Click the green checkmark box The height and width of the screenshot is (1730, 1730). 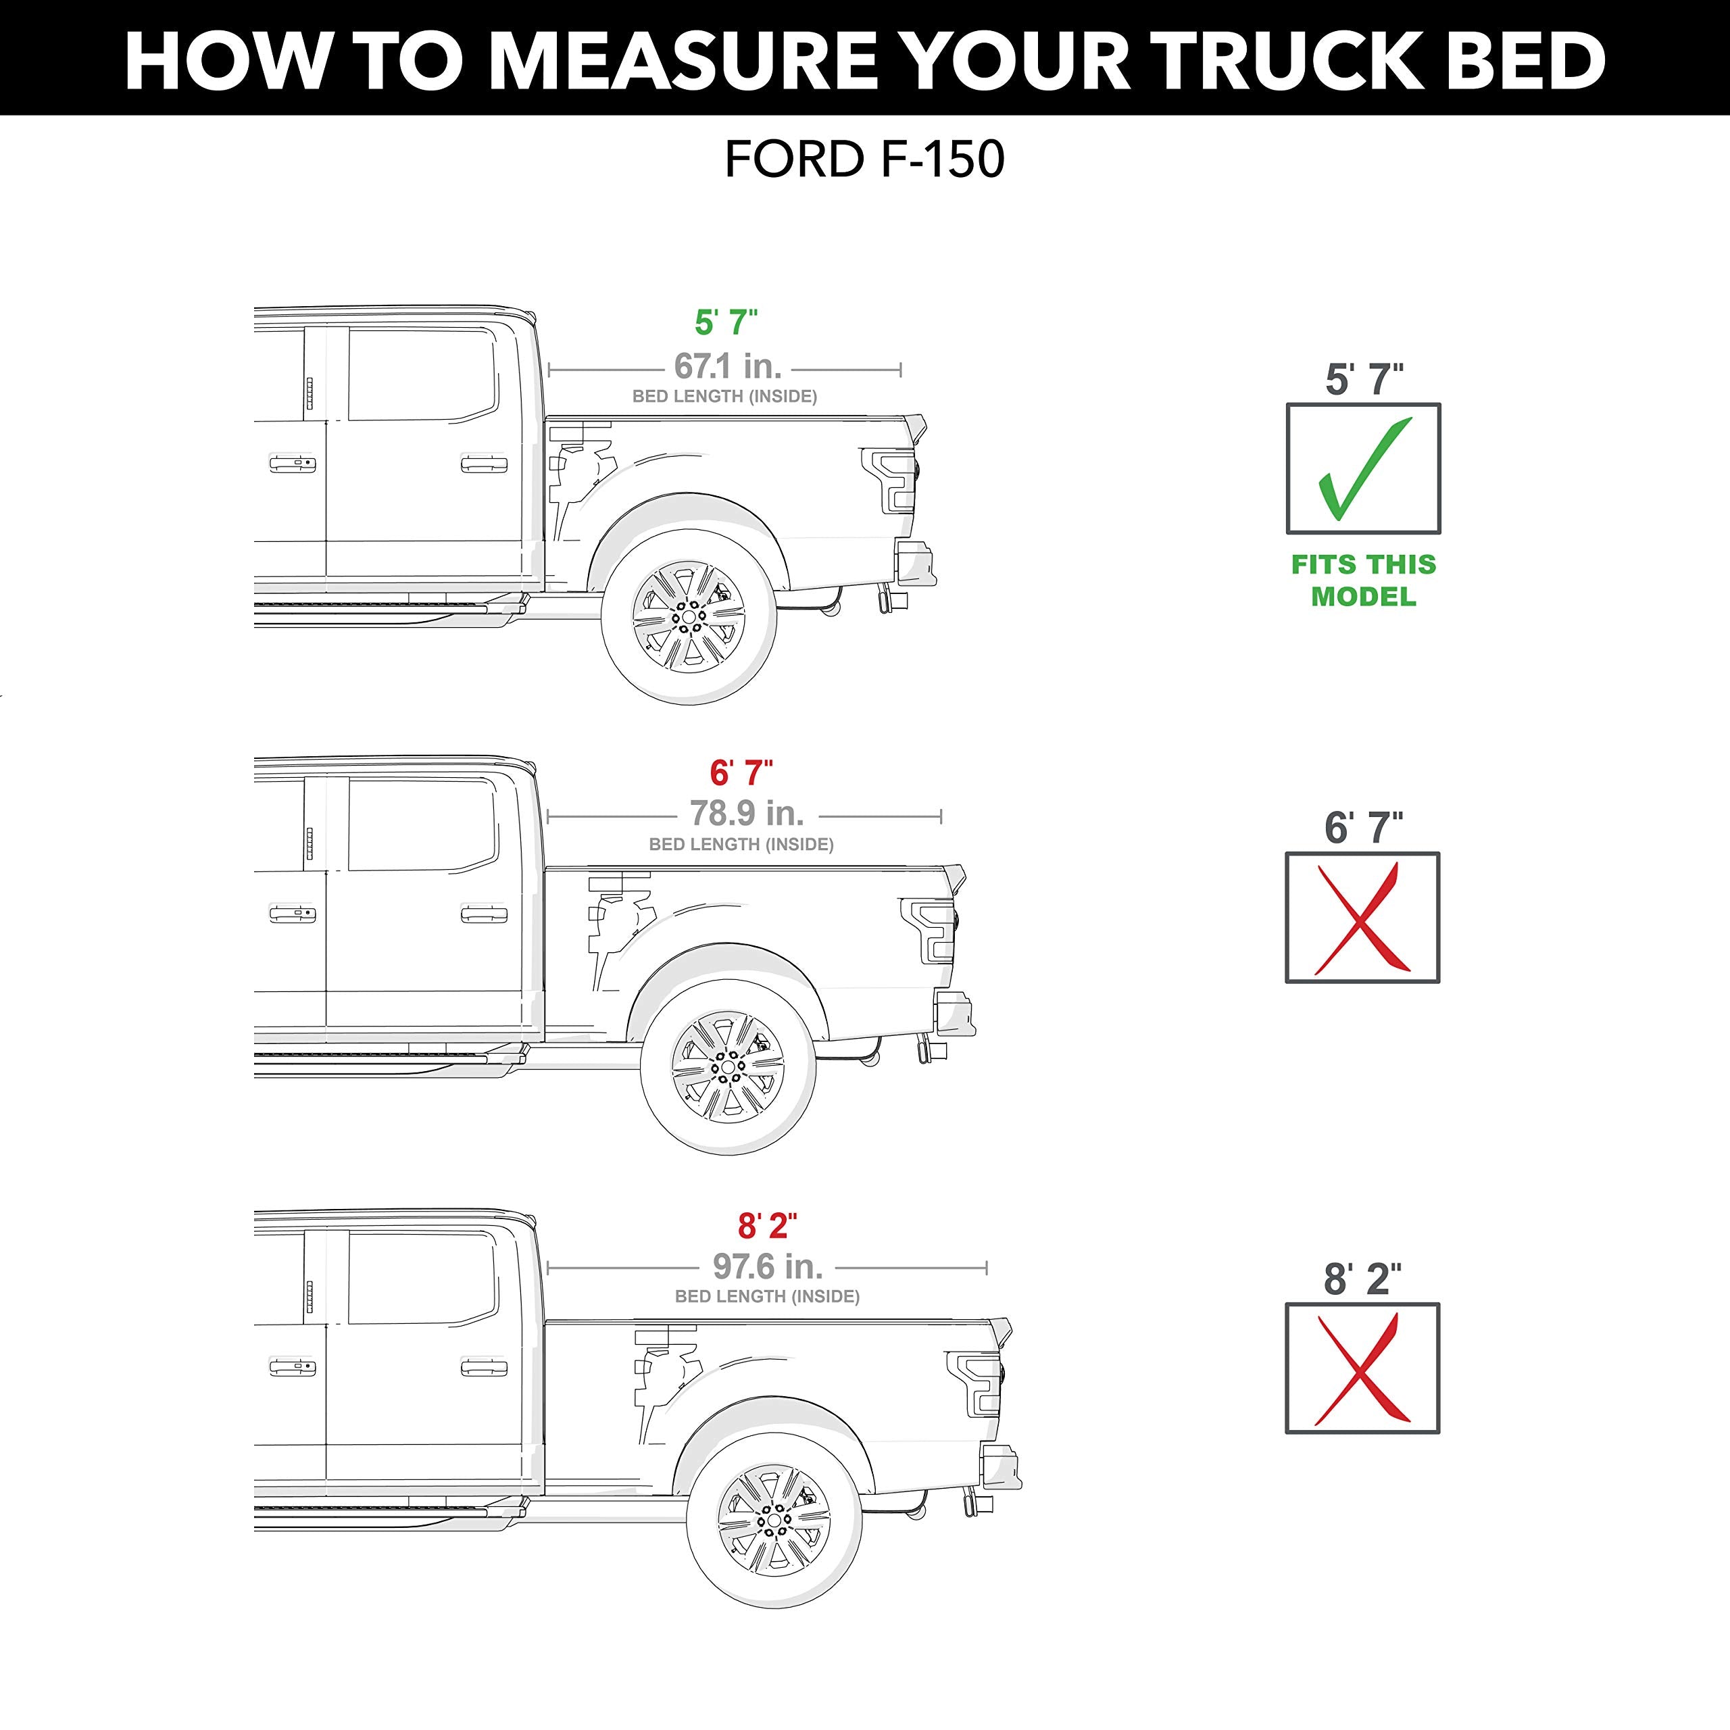pyautogui.click(x=1363, y=468)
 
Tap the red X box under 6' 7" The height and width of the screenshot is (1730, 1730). pyautogui.click(x=1362, y=918)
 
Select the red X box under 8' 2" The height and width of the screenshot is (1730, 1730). pyautogui.click(x=1362, y=1368)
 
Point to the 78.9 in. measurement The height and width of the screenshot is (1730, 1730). pyautogui.click(x=747, y=814)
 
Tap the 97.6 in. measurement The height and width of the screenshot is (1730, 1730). pyautogui.click(x=768, y=1266)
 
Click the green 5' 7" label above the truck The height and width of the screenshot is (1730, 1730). pyautogui.click(x=726, y=322)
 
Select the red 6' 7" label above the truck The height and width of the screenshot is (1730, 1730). pyautogui.click(x=741, y=772)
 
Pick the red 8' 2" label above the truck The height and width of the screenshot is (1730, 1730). pyautogui.click(x=768, y=1226)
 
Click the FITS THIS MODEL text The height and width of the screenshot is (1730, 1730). pyautogui.click(x=1363, y=580)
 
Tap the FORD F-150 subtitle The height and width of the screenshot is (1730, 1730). pyautogui.click(x=864, y=160)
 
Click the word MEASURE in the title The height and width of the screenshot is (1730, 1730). pyautogui.click(x=683, y=61)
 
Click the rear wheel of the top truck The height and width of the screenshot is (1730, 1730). pyautogui.click(x=688, y=617)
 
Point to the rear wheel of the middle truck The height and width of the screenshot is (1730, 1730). pyautogui.click(x=727, y=1067)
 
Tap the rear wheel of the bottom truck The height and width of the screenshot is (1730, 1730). pyautogui.click(x=774, y=1521)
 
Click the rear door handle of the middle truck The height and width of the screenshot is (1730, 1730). pyautogui.click(x=484, y=914)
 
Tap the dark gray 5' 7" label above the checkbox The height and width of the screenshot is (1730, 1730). pyautogui.click(x=1364, y=380)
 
